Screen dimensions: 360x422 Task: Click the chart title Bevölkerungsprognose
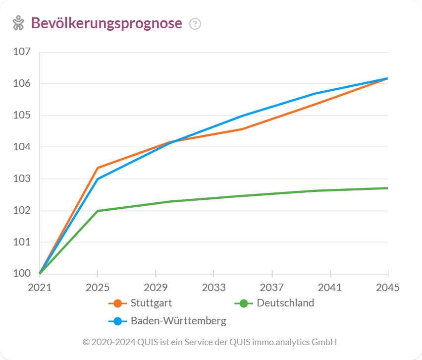106,23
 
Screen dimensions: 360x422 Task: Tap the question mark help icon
195,24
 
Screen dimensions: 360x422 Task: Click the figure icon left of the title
18,23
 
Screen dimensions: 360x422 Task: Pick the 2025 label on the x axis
98,288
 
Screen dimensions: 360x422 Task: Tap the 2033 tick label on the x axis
213,288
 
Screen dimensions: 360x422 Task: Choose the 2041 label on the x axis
330,288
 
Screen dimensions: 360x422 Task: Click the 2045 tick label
388,288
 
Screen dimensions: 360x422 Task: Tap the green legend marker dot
244,303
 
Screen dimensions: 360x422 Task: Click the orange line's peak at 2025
98,168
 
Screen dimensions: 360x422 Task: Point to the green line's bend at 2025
98,211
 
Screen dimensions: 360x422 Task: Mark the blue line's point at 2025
98,179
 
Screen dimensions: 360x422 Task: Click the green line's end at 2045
387,188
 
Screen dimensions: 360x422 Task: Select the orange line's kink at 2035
243,129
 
